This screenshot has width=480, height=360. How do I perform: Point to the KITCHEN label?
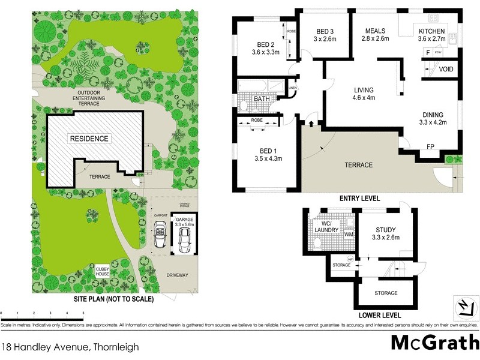click(432, 31)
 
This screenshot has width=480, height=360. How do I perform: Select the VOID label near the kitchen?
click(446, 70)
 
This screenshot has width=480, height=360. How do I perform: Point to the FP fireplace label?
click(430, 146)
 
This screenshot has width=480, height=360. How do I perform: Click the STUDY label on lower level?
click(386, 230)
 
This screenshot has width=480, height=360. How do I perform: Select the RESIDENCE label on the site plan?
click(89, 139)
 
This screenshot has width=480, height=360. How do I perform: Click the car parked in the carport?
click(160, 235)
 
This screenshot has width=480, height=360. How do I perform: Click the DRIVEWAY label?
click(178, 275)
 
